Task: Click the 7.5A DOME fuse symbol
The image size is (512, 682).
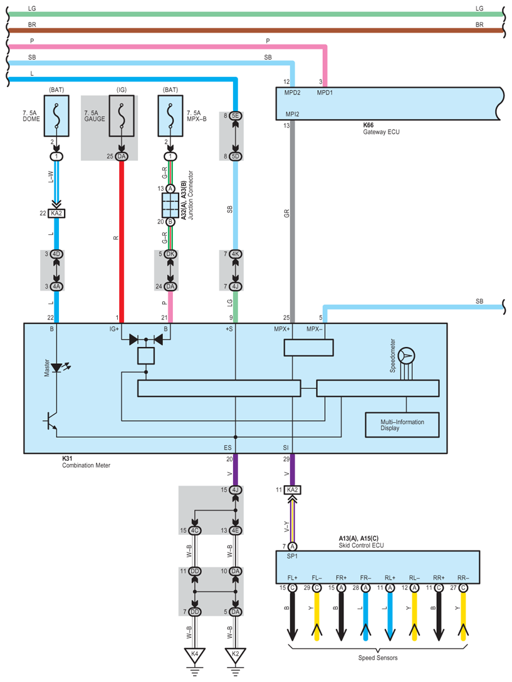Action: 56,116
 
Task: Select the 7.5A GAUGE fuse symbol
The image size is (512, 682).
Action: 122,116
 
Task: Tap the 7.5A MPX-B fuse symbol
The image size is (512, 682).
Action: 170,116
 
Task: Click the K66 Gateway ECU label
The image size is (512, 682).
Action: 381,129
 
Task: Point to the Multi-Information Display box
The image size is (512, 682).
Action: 402,425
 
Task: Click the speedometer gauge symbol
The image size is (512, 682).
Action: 406,356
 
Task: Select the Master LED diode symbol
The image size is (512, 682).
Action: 57,368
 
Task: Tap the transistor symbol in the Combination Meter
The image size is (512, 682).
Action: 51,421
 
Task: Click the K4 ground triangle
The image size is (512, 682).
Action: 195,655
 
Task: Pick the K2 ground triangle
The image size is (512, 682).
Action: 236,655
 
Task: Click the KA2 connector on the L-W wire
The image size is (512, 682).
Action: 56,213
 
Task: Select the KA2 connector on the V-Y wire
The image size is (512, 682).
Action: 292,490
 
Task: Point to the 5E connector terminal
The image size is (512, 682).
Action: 236,116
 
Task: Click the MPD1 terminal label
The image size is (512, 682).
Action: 325,93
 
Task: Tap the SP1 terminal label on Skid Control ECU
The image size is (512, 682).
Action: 292,556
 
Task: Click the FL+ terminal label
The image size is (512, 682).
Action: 292,578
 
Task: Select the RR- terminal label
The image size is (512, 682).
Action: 463,578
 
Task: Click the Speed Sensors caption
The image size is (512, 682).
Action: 378,658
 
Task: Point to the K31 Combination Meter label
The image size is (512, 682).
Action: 86,462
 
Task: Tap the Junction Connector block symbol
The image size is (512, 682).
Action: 170,205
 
